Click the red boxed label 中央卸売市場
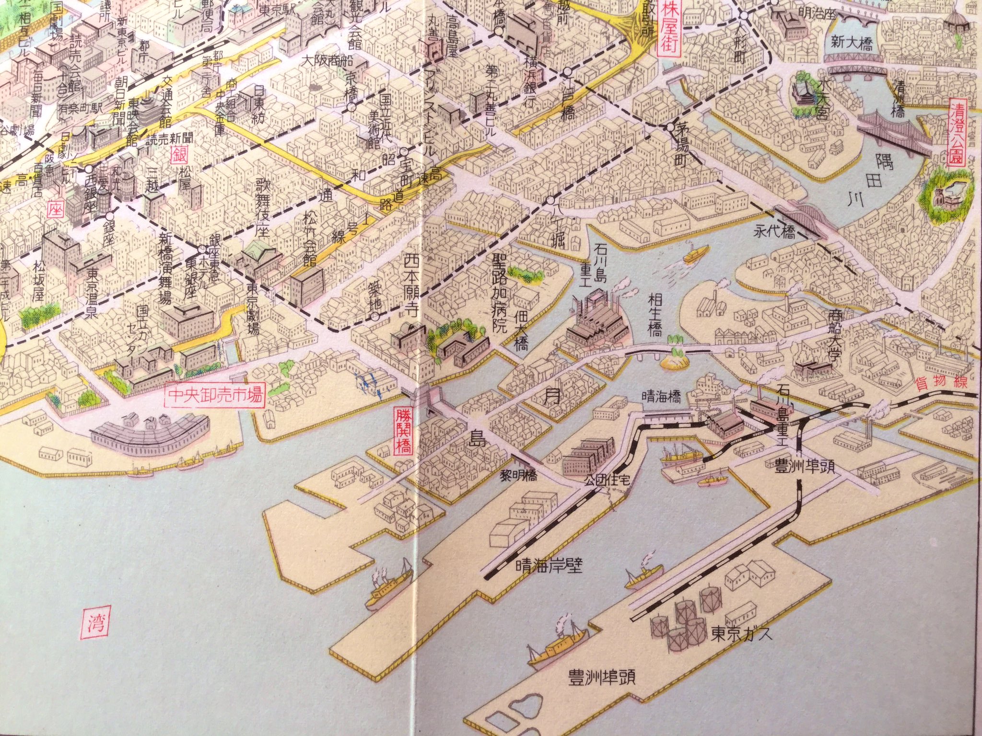coord(214,396)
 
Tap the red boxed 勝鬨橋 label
coord(402,430)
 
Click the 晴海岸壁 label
coord(549,567)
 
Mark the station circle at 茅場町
coord(669,127)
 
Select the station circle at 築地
coord(375,316)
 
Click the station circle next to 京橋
coord(352,107)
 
